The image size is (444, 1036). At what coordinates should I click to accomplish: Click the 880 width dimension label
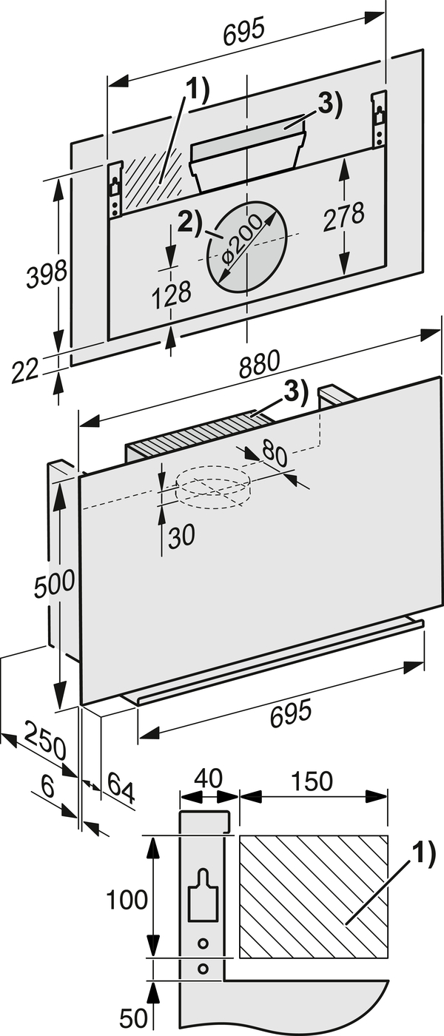(x=260, y=363)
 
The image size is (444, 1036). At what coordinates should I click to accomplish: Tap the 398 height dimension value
(x=46, y=274)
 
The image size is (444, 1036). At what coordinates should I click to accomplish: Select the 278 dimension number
(x=343, y=216)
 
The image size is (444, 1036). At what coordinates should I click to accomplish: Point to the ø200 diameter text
(x=243, y=245)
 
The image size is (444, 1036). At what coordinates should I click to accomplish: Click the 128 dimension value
(x=172, y=295)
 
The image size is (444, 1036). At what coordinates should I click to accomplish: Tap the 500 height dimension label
(x=54, y=582)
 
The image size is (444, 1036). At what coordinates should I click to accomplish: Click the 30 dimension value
(x=181, y=536)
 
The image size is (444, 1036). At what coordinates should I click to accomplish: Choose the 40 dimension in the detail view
(x=209, y=778)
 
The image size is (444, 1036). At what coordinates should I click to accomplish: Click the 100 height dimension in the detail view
(x=127, y=900)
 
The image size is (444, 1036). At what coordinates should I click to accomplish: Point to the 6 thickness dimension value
(x=47, y=787)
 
